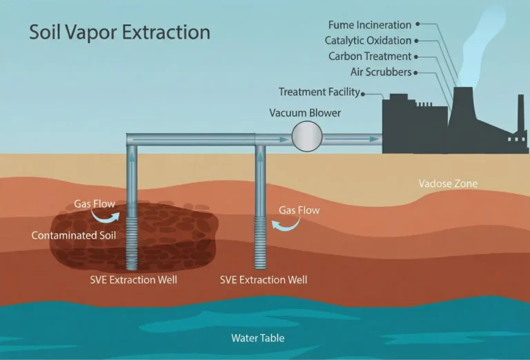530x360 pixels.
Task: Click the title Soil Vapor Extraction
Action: tap(119, 32)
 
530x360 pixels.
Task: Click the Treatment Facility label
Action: tap(320, 92)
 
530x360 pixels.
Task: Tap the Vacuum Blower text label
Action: tap(306, 112)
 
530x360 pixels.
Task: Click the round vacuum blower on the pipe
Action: tap(307, 136)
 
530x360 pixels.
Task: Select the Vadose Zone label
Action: tap(448, 184)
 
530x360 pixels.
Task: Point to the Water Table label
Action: tap(257, 338)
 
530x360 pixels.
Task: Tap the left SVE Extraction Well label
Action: tap(133, 280)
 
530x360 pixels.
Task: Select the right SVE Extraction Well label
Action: tap(264, 280)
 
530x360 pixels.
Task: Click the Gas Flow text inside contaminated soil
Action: tap(95, 204)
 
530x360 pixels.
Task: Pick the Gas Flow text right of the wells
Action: tap(299, 210)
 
